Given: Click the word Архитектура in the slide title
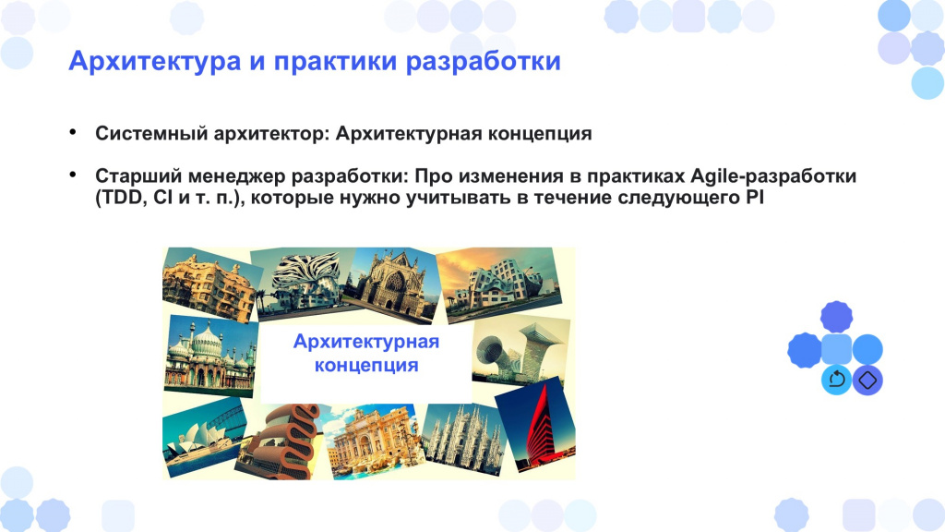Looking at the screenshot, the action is (155, 62).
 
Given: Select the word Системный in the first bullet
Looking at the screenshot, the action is (150, 133).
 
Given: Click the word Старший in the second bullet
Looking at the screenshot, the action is (138, 176).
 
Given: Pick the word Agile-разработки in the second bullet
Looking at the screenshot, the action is (773, 176).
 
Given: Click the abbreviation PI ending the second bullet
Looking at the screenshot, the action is (755, 198).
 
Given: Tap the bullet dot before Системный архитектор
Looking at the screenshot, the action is (73, 131).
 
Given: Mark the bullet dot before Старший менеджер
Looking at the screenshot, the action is (73, 175).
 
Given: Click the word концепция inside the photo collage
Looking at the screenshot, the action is (366, 366).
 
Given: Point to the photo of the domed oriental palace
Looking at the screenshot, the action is (210, 355).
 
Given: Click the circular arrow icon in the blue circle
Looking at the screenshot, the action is (836, 380).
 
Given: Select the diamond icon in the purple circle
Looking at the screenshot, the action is (867, 380).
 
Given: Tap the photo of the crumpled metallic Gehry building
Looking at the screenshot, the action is (499, 284).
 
